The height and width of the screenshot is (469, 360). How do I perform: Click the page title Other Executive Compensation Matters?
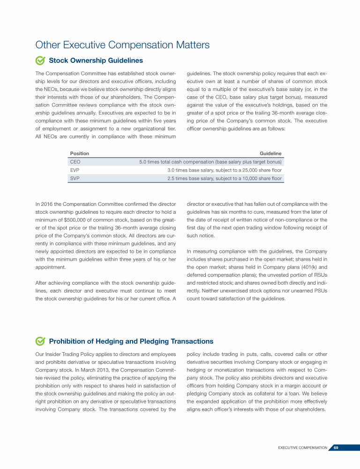pos(122,45)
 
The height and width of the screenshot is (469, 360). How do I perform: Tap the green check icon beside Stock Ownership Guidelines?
pos(40,61)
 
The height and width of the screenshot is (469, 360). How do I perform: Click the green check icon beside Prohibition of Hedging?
pos(40,341)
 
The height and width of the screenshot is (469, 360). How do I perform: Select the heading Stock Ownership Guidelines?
pos(96,61)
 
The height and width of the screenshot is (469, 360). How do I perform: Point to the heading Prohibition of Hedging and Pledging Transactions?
pos(131,341)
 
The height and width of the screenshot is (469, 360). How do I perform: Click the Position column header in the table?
pos(79,153)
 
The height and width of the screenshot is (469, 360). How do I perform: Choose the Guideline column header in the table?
pos(270,153)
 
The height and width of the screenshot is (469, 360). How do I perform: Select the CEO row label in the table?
pos(75,162)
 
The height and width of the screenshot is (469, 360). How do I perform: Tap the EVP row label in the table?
pos(75,170)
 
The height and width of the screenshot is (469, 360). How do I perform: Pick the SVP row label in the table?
pos(75,179)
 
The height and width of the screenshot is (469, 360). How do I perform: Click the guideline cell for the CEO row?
pos(210,162)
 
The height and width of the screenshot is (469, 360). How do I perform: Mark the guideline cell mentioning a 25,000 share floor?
pos(225,170)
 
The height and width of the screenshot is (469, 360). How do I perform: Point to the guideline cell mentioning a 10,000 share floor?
pos(225,179)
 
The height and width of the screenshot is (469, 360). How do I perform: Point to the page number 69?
pos(336,447)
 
